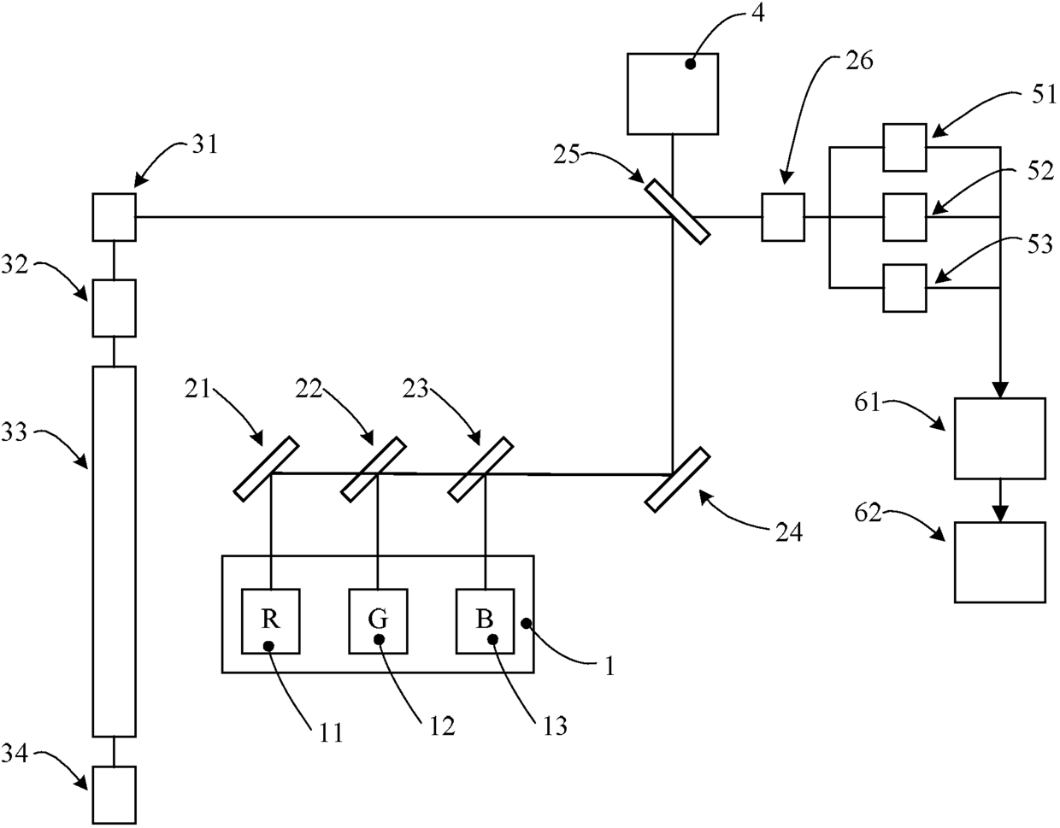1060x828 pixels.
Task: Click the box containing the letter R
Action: (x=271, y=621)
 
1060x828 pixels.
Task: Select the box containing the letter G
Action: (x=378, y=621)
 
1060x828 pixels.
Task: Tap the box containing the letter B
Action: (x=485, y=621)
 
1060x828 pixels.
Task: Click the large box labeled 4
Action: (x=672, y=94)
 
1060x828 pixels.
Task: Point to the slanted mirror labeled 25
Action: (x=677, y=212)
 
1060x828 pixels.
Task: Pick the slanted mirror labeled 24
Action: (x=677, y=479)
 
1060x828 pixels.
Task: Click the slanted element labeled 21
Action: (x=267, y=468)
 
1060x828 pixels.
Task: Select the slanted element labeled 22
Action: (x=374, y=468)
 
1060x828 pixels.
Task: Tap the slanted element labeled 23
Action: (x=480, y=468)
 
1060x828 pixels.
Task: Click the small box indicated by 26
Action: (x=783, y=217)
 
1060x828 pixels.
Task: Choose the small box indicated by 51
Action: (x=905, y=147)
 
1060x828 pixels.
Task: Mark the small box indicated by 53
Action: (x=905, y=288)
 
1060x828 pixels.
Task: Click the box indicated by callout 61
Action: (x=1000, y=438)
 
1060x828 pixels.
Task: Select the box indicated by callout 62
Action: (x=1000, y=562)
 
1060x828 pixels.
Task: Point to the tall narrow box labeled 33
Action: (x=115, y=551)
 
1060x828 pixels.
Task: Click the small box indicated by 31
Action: (x=115, y=217)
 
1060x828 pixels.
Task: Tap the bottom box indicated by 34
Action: (x=115, y=795)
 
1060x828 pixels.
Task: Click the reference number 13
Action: (x=554, y=726)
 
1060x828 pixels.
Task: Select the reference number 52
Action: (x=1039, y=171)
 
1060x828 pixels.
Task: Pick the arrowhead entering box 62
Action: (x=1000, y=514)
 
